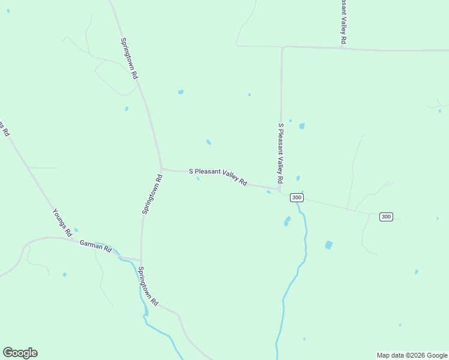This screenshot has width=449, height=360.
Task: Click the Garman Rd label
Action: [x=95, y=246]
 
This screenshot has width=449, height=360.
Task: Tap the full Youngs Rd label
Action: [x=62, y=221]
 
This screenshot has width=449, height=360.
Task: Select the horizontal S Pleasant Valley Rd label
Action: [x=218, y=176]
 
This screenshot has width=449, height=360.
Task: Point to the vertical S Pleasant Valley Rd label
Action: [x=280, y=154]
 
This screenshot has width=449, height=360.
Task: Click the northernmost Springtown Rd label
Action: [x=129, y=59]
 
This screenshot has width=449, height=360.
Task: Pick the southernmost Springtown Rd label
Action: [x=148, y=286]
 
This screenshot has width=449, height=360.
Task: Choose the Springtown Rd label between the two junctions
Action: [x=152, y=194]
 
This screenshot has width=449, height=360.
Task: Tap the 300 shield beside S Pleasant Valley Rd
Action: [x=297, y=197]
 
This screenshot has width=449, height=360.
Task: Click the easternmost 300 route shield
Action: [x=386, y=217]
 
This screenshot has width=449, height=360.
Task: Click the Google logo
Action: [x=20, y=353]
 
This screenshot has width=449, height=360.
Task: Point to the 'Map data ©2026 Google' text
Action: [x=412, y=355]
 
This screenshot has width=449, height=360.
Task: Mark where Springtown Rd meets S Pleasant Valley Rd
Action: [x=161, y=169]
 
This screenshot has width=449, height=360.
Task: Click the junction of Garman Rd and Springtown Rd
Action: [x=141, y=260]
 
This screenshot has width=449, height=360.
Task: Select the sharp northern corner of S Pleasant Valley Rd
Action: [x=282, y=47]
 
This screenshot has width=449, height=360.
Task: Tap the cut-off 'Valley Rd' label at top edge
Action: [x=343, y=21]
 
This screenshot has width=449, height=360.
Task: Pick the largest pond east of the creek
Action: [x=328, y=245]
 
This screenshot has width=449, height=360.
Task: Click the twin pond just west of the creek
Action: [x=287, y=221]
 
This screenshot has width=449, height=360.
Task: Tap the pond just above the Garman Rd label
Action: [x=76, y=230]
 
